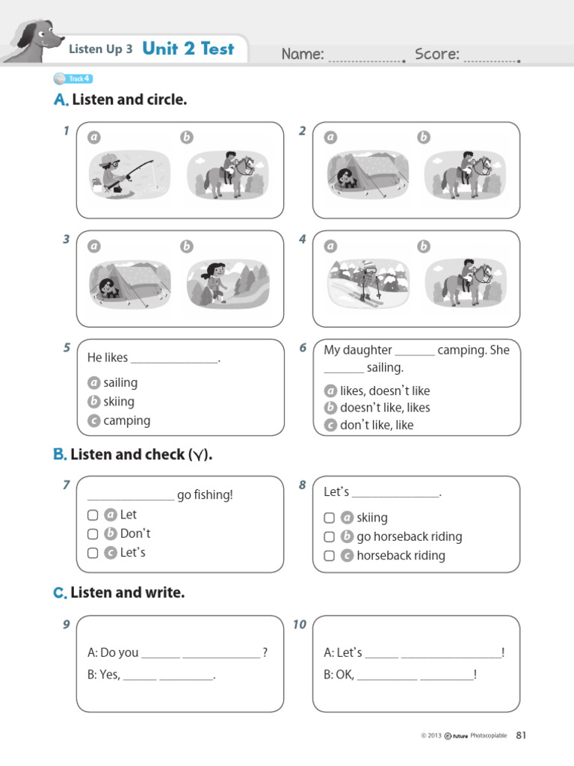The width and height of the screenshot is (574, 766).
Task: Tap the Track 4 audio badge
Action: pyautogui.click(x=73, y=79)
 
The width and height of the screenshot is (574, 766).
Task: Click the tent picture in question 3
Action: pyautogui.click(x=125, y=284)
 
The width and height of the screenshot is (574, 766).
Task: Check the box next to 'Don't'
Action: pyautogui.click(x=93, y=534)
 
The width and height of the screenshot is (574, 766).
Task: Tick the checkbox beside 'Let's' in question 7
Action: pyautogui.click(x=93, y=553)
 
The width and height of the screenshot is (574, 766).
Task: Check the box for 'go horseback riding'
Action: pyautogui.click(x=329, y=537)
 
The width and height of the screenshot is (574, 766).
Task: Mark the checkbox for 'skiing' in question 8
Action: pyautogui.click(x=329, y=518)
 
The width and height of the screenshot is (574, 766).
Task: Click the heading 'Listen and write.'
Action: pyautogui.click(x=127, y=593)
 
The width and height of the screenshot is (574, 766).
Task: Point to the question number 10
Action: pyautogui.click(x=300, y=625)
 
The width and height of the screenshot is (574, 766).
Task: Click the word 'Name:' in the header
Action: pyautogui.click(x=303, y=54)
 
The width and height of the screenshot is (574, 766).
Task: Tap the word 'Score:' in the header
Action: pyautogui.click(x=437, y=54)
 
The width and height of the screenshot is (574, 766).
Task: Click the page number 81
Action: pyautogui.click(x=521, y=735)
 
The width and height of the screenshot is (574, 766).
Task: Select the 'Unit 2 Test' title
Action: pyautogui.click(x=188, y=49)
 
